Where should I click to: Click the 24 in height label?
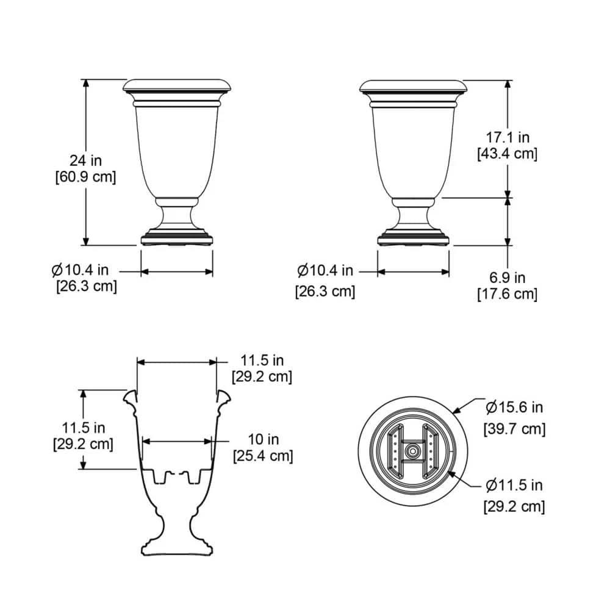85,161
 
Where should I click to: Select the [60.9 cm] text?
85,177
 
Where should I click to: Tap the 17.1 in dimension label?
506,137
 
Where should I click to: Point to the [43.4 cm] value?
507,154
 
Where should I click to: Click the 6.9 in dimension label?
506,278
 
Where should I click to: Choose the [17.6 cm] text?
507,294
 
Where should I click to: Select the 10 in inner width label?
263,439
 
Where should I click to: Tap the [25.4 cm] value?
263,456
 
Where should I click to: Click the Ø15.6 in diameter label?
514,407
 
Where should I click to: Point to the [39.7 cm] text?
514,429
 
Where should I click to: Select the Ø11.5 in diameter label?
514,485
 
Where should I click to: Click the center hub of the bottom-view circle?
412,452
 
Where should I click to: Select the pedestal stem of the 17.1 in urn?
413,218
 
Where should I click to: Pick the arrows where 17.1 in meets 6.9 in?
507,197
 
